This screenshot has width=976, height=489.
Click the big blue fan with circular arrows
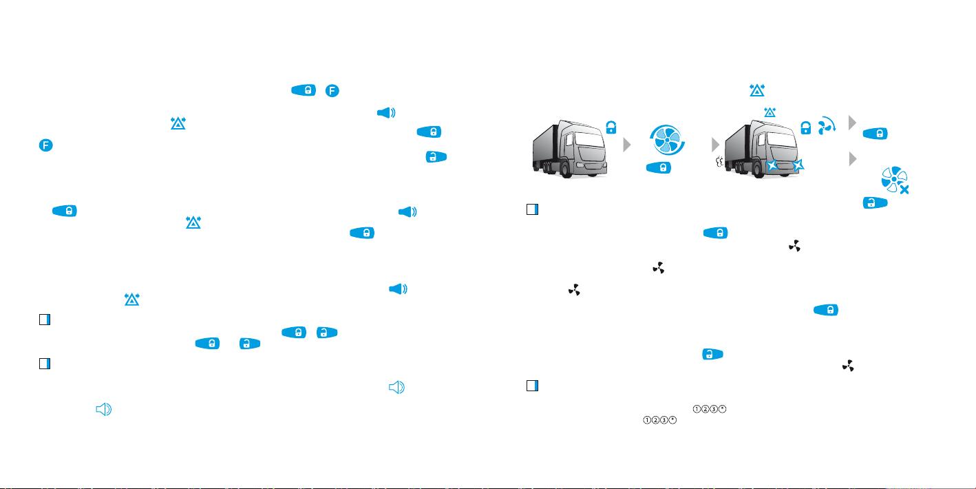pyautogui.click(x=667, y=140)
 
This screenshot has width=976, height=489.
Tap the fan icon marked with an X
pyautogui.click(x=895, y=180)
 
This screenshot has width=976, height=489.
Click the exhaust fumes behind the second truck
pyautogui.click(x=719, y=162)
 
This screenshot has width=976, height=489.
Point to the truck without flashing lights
pyautogui.click(x=569, y=149)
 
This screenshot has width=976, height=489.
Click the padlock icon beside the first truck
pyautogui.click(x=611, y=127)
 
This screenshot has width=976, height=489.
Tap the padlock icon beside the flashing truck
pyautogui.click(x=805, y=127)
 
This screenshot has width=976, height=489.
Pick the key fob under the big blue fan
pyautogui.click(x=659, y=168)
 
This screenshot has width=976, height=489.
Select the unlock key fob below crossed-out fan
pyautogui.click(x=875, y=202)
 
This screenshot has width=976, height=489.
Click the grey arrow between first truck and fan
pyautogui.click(x=627, y=145)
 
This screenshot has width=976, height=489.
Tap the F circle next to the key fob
pyautogui.click(x=332, y=91)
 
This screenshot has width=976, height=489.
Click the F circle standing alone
pyautogui.click(x=45, y=145)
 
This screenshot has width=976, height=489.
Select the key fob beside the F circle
pyautogui.click(x=304, y=90)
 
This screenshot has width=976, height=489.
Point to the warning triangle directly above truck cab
pyautogui.click(x=770, y=112)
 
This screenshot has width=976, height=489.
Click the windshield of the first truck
pyautogui.click(x=589, y=140)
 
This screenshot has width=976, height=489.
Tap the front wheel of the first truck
pyautogui.click(x=566, y=169)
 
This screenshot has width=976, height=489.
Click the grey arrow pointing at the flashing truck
pyautogui.click(x=715, y=144)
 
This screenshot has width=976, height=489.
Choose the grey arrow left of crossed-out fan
pyautogui.click(x=853, y=158)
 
